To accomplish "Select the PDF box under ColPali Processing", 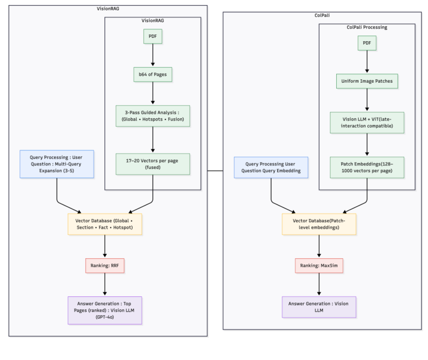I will (367, 43).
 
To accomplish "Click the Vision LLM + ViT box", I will (367, 123).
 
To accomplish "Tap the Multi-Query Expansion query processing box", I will (56, 163).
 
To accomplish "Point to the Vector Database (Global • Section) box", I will (105, 224).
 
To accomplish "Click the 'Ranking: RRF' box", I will (105, 266).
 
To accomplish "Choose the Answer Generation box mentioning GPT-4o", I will (105, 311).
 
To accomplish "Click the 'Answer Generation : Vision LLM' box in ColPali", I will (319, 307).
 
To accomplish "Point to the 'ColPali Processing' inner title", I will (367, 27).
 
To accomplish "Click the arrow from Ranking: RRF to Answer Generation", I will (105, 285).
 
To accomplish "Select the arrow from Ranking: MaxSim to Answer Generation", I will (319, 285).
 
